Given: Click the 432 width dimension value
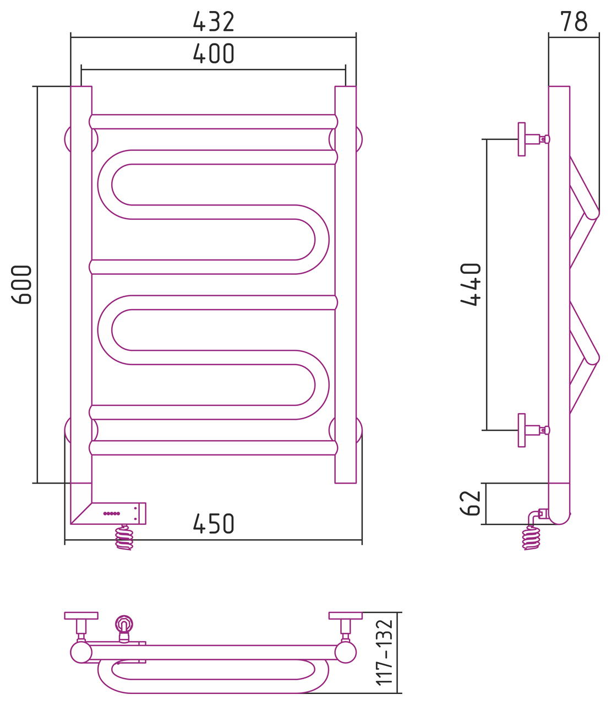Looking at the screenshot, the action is pyautogui.click(x=214, y=21).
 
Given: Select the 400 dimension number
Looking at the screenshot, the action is pyautogui.click(x=214, y=53).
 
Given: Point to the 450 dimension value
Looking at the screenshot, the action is pyautogui.click(x=214, y=524).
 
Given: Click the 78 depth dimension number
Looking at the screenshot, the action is pyautogui.click(x=574, y=21).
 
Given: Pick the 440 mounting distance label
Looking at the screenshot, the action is pyautogui.click(x=471, y=284).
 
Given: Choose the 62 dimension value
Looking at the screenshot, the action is pyautogui.click(x=470, y=503).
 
